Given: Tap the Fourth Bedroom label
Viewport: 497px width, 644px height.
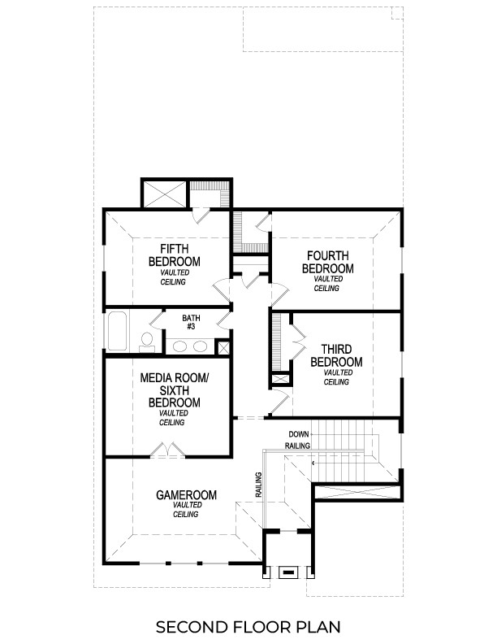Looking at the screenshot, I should pyautogui.click(x=327, y=262).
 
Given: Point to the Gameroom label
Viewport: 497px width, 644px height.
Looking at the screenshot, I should pyautogui.click(x=186, y=494).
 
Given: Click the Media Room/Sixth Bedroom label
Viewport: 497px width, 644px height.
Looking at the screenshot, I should pyautogui.click(x=174, y=390).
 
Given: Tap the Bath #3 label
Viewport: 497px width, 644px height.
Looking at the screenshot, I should pyautogui.click(x=191, y=322).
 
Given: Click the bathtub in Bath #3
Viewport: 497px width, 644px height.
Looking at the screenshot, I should pyautogui.click(x=117, y=331).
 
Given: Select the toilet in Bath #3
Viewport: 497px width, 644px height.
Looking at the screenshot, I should pyautogui.click(x=147, y=342).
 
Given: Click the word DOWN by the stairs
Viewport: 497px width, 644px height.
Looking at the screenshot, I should pyautogui.click(x=298, y=434).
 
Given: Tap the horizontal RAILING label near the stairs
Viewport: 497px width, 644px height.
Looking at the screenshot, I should pyautogui.click(x=298, y=446).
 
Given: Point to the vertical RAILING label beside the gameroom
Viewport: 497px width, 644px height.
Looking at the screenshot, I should pyautogui.click(x=258, y=485).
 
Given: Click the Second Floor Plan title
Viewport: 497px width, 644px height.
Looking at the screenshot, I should pyautogui.click(x=248, y=627).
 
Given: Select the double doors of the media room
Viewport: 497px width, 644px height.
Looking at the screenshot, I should pyautogui.click(x=167, y=450).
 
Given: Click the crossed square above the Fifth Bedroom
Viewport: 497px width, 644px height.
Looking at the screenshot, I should pyautogui.click(x=165, y=194).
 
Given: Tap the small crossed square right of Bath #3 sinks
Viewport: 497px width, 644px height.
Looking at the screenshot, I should pyautogui.click(x=223, y=347).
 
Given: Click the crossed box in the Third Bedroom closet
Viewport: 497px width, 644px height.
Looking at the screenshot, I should pyautogui.click(x=280, y=380).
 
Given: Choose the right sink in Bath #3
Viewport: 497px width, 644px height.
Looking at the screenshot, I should pyautogui.click(x=200, y=346).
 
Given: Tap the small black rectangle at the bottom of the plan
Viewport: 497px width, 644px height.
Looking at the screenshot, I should pyautogui.click(x=287, y=572).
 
